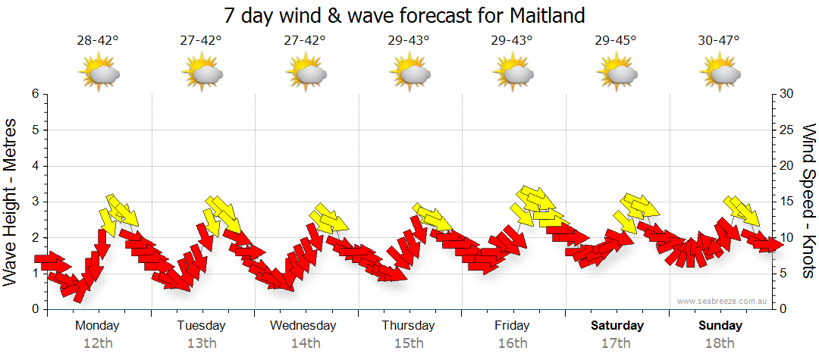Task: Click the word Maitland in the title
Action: [x=545, y=15]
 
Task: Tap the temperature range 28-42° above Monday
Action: [x=98, y=40]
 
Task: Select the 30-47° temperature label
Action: [x=720, y=40]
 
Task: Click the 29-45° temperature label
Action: [x=616, y=40]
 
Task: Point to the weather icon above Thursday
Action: [x=409, y=74]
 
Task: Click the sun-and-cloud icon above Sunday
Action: [x=720, y=74]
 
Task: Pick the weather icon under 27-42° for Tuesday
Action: [x=202, y=74]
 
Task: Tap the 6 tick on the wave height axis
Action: [x=34, y=94]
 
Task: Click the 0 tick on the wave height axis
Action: [x=34, y=309]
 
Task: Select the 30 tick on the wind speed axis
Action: [x=787, y=94]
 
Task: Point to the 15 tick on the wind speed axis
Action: [x=787, y=202]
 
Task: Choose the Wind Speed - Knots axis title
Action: [x=808, y=201]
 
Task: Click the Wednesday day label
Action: [x=303, y=325]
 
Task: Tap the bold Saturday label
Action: [x=617, y=325]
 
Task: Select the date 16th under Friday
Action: [x=513, y=343]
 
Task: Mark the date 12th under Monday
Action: [x=98, y=343]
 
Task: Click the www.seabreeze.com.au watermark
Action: [x=723, y=301]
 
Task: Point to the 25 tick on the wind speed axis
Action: [x=787, y=130]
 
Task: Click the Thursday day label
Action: [x=409, y=325]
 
